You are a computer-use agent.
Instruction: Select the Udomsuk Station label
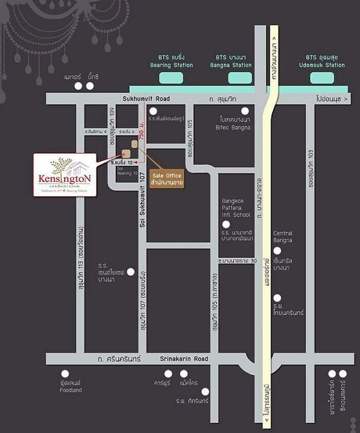coord(325,65)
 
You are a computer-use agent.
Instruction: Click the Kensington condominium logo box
coord(65,174)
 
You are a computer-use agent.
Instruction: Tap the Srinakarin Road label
coord(184,359)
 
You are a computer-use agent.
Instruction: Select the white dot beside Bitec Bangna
coord(245,111)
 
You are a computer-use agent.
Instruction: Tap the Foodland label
coord(70,390)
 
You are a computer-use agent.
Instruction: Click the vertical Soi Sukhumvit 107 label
coord(142,198)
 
